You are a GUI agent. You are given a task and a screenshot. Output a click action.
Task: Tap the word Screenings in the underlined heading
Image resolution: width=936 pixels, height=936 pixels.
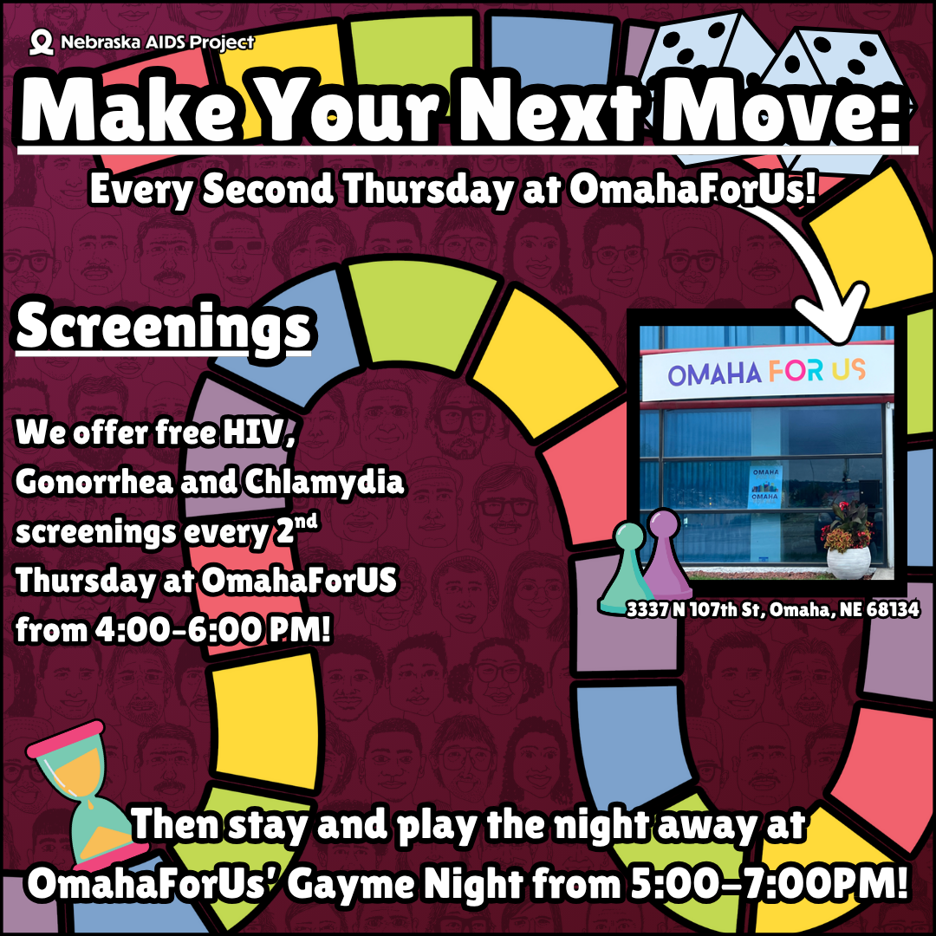[x=163, y=328]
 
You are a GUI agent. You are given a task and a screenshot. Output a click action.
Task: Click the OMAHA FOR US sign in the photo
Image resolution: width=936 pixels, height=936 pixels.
[x=766, y=374]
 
